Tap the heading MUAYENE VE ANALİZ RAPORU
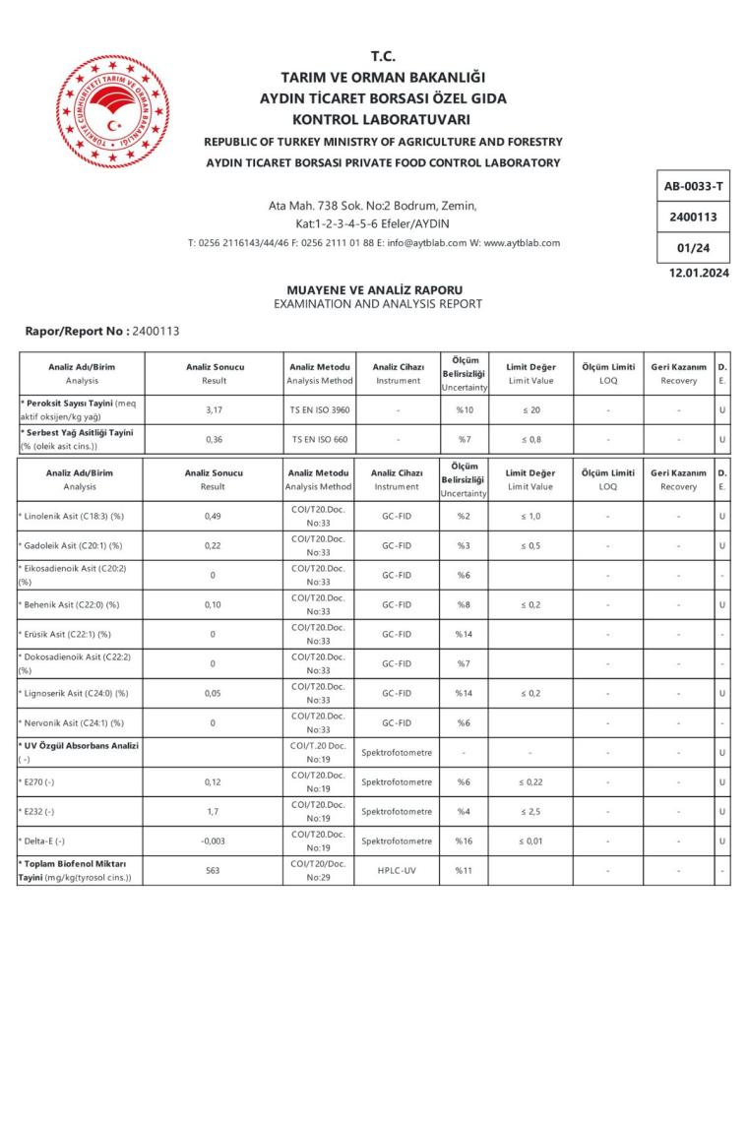point(374,290)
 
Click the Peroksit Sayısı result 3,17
point(214,409)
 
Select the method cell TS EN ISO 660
point(318,439)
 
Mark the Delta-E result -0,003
point(213,841)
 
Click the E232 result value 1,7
point(213,812)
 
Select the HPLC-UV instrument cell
point(398,871)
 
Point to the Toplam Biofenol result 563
point(213,871)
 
